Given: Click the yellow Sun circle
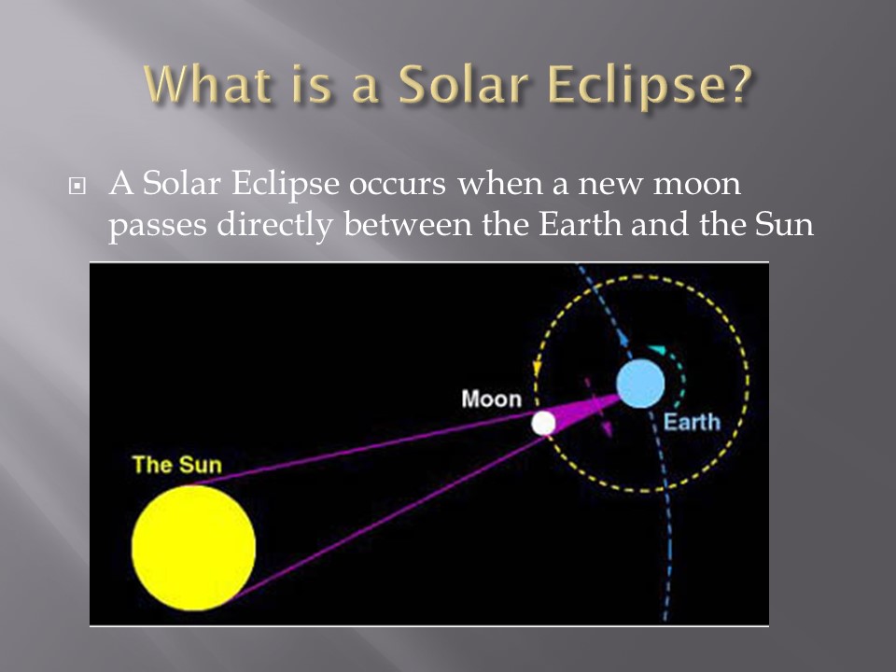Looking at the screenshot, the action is click(193, 548).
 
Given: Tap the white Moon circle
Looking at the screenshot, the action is click(543, 424).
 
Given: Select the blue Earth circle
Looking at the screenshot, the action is click(640, 384).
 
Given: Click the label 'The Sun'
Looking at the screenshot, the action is click(176, 465).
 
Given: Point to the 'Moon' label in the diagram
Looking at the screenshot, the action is click(492, 399).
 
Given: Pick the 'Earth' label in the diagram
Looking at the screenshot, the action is click(692, 422).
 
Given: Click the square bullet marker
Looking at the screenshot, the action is click(77, 187).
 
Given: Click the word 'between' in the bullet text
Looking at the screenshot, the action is click(408, 224).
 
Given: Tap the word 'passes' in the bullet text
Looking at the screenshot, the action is click(158, 227).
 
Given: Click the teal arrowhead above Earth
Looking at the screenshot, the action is click(656, 348).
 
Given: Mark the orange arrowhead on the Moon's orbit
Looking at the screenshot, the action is click(538, 369).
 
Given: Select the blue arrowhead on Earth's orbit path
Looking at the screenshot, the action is click(623, 341).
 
